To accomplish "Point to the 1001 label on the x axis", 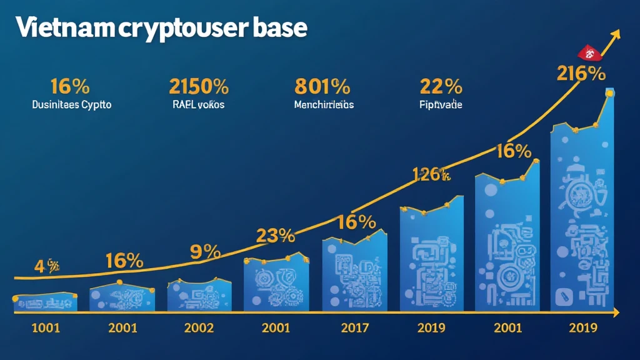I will click(x=45, y=327).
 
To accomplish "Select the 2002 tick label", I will click(x=199, y=327).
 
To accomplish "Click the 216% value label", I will click(x=581, y=74).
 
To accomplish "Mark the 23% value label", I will click(x=275, y=236).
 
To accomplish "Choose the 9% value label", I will click(x=205, y=252).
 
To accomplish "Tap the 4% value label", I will click(x=46, y=267).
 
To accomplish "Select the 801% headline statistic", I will click(x=322, y=85).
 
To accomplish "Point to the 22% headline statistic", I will click(x=441, y=85).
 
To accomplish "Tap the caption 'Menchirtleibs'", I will click(x=324, y=105).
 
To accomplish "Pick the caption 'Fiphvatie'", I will click(x=441, y=105).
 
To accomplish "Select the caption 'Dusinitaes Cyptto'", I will click(x=71, y=105).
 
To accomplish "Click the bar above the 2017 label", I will click(x=352, y=275).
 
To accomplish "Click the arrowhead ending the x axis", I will click(x=616, y=312).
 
